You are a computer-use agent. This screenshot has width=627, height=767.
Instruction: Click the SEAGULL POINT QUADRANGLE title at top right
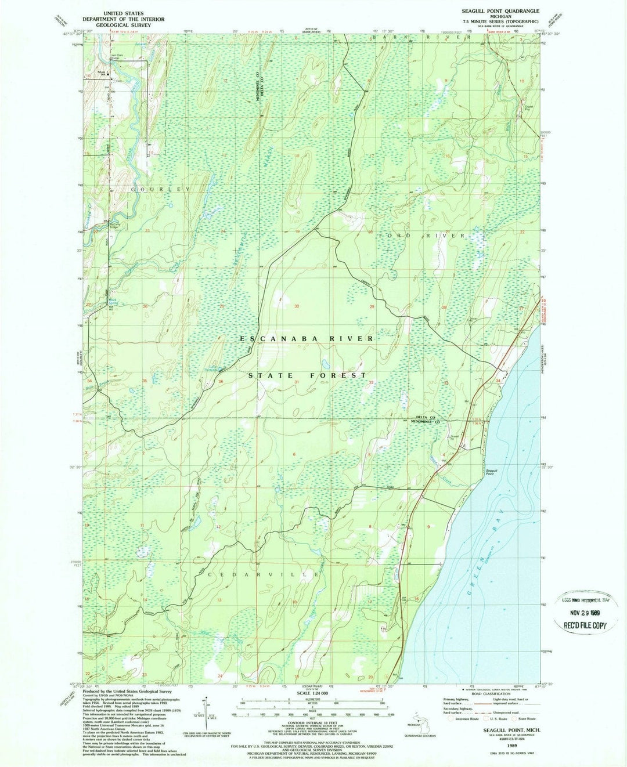(x=500, y=11)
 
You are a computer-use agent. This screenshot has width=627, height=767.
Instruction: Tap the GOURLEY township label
(x=161, y=190)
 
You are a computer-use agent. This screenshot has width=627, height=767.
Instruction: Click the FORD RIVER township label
(x=421, y=236)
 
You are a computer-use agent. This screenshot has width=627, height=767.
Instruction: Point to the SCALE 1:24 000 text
(x=312, y=693)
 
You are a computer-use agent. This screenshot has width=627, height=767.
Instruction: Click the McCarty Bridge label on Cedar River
(x=112, y=225)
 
